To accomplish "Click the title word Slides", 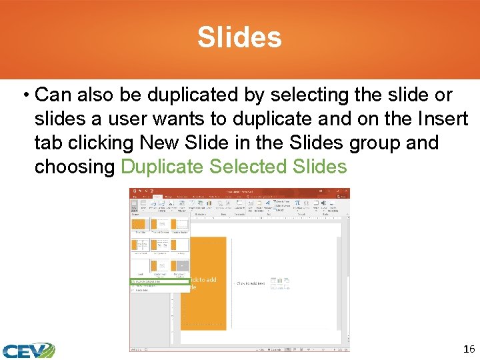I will pos(239,38).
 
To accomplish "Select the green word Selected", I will pos(249,167).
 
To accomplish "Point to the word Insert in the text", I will pos(443,119).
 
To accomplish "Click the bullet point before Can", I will pos(25,95).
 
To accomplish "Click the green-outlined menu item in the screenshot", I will pos(159,281).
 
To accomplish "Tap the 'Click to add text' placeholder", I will pos(251,283).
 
